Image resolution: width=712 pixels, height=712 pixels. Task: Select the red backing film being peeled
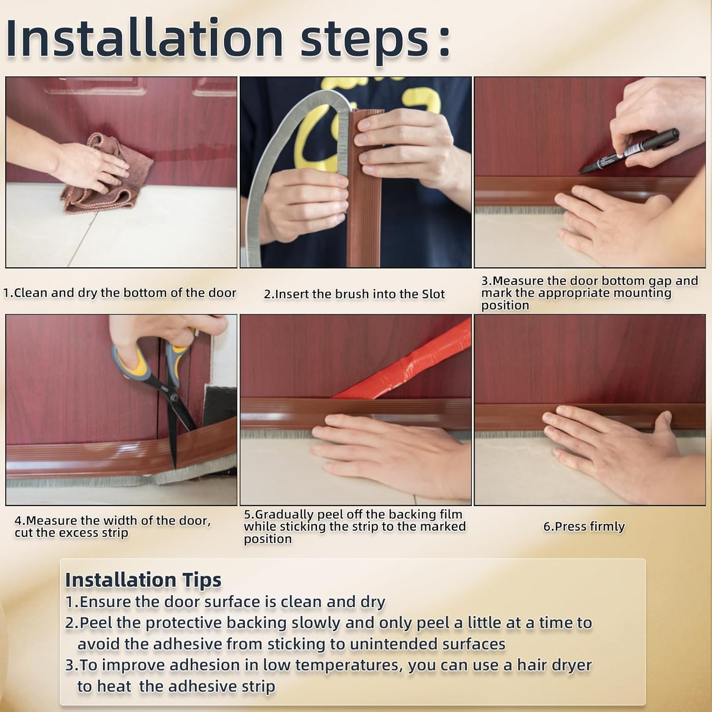pos(408,368)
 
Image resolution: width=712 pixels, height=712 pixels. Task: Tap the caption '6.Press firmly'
pos(584,526)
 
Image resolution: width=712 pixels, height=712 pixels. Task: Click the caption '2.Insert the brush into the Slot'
pos(354,294)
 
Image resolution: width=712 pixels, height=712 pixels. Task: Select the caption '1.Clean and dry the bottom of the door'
pos(120,293)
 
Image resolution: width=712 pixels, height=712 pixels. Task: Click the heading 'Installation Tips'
pos(143,580)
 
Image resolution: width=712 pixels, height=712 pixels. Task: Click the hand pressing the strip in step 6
pos(612,441)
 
